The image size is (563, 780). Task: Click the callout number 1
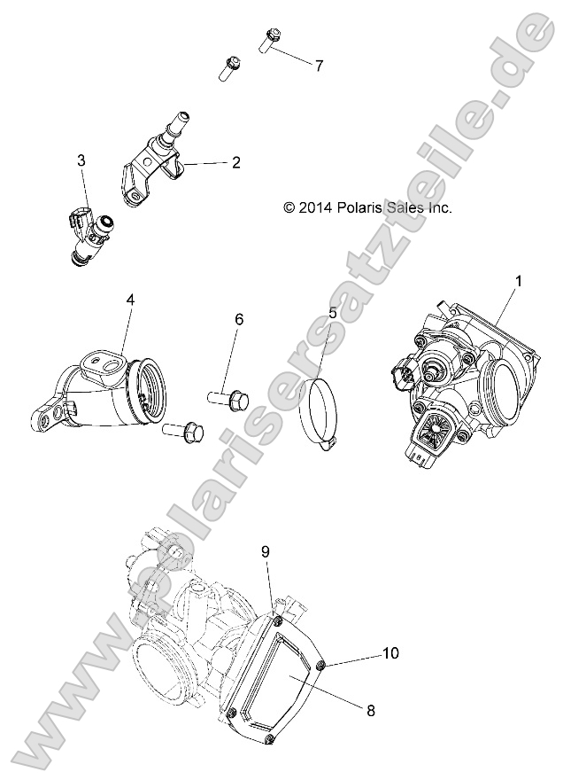click(x=519, y=281)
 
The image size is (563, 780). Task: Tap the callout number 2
click(x=236, y=163)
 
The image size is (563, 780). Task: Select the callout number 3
click(x=81, y=160)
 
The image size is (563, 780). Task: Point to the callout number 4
click(x=130, y=300)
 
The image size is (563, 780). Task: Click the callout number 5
click(x=332, y=313)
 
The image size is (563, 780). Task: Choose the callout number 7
click(x=319, y=66)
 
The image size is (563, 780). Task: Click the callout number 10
click(x=390, y=653)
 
